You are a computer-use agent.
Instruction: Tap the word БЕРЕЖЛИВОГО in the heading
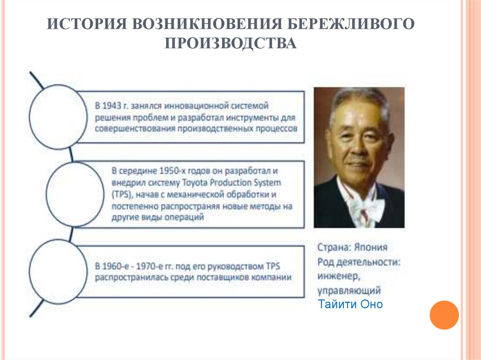coord(349,23)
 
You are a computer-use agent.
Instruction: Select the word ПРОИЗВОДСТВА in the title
coord(230,44)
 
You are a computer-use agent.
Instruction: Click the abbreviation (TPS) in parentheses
coord(120,194)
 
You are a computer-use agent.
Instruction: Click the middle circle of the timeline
coord(75,193)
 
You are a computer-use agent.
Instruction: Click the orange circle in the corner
coord(443,315)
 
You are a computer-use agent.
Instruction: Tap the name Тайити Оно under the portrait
coord(350,304)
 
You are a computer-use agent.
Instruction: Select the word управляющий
coord(349,290)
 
